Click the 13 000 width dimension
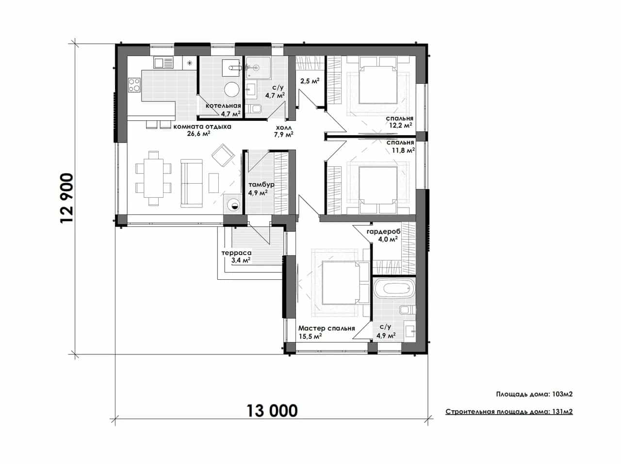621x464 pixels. click(272, 411)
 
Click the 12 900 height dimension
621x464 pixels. click(67, 198)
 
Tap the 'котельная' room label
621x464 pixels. click(223, 106)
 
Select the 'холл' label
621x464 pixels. click(284, 128)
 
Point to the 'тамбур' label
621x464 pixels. click(261, 185)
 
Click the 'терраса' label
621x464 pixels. click(236, 253)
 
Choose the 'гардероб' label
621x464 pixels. click(383, 232)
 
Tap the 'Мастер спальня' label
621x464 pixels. click(327, 328)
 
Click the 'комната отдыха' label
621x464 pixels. click(202, 127)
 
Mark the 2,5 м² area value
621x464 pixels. click(310, 81)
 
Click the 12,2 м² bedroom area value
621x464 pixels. click(400, 125)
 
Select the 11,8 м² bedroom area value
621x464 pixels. click(403, 150)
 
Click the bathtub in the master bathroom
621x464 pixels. click(394, 288)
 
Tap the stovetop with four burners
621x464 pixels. click(134, 85)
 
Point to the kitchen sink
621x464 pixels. click(163, 63)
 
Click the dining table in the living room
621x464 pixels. click(154, 178)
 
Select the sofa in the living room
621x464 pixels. click(192, 183)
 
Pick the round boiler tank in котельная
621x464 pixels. click(232, 89)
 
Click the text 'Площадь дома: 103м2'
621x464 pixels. click(534, 394)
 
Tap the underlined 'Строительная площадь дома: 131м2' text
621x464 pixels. click(509, 412)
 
